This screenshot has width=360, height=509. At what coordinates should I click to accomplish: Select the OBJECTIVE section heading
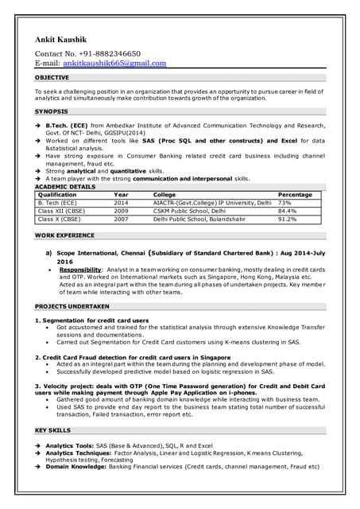pyautogui.click(x=52, y=78)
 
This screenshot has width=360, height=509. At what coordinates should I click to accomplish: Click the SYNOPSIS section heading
pyautogui.click(x=51, y=111)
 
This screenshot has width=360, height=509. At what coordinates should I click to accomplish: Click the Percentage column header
pyautogui.click(x=294, y=195)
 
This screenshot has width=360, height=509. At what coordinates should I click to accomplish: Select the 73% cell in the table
pyautogui.click(x=285, y=203)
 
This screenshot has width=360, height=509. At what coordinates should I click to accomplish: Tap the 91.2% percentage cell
pyautogui.click(x=287, y=219)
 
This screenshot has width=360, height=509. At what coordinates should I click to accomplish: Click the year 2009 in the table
pyautogui.click(x=121, y=211)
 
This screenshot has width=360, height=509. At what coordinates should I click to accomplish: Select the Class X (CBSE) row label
pyautogui.click(x=59, y=219)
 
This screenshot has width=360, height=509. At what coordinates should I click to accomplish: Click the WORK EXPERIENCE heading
pyautogui.click(x=63, y=236)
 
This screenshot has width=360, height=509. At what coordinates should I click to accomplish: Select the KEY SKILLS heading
pyautogui.click(x=52, y=429)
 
